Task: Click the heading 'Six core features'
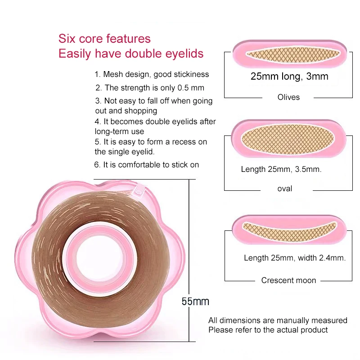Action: pyautogui.click(x=104, y=39)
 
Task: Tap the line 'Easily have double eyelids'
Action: pyautogui.click(x=131, y=54)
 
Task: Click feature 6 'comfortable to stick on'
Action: pyautogui.click(x=146, y=165)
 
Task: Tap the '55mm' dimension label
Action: pyautogui.click(x=195, y=301)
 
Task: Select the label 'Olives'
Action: pyautogui.click(x=288, y=97)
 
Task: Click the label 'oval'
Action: pyautogui.click(x=285, y=189)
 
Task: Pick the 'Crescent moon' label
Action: pyautogui.click(x=288, y=280)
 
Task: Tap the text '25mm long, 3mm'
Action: pyautogui.click(x=289, y=76)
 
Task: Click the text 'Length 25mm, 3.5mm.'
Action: pyautogui.click(x=281, y=170)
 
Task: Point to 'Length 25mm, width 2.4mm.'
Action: pyautogui.click(x=295, y=258)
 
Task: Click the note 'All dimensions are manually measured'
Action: pyautogui.click(x=278, y=320)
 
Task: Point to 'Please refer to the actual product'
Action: pyautogui.click(x=268, y=330)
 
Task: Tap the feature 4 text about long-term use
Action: pyautogui.click(x=155, y=126)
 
